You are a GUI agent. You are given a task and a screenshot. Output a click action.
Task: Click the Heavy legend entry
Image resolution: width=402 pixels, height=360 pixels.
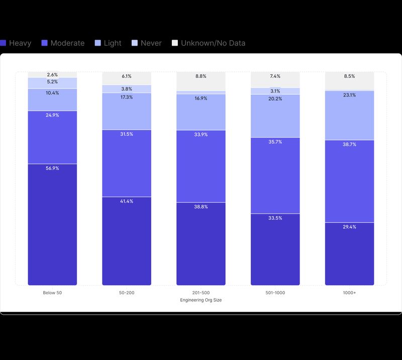(x=16, y=43)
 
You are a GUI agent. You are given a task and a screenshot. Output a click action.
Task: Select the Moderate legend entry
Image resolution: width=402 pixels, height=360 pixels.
(x=63, y=43)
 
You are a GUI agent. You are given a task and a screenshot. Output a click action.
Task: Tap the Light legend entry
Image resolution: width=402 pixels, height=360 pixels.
(x=108, y=43)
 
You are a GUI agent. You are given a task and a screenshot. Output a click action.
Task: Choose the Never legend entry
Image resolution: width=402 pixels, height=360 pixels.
(x=146, y=43)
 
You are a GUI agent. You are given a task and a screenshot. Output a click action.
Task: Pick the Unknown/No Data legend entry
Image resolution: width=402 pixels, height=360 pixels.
(x=209, y=43)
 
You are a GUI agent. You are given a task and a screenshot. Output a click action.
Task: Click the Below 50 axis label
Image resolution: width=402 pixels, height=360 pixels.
(x=52, y=293)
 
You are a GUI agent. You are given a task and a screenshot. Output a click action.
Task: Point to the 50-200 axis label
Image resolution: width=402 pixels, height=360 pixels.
(x=127, y=293)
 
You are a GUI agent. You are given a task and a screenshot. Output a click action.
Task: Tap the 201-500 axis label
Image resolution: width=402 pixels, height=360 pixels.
(x=201, y=293)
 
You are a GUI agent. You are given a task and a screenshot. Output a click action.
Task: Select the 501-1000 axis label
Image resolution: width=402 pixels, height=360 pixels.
(x=275, y=293)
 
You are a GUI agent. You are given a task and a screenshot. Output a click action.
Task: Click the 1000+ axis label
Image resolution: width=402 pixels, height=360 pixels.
(x=349, y=293)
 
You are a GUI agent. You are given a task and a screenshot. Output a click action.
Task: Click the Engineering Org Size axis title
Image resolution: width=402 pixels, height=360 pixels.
(x=201, y=300)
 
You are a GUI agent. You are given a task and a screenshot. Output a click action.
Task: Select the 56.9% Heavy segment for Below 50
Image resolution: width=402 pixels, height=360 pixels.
(x=52, y=226)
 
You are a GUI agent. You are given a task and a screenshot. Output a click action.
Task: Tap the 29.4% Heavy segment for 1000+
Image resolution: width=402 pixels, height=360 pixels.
(x=349, y=254)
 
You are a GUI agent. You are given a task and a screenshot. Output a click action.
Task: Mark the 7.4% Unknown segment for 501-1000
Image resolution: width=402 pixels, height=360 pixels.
(x=275, y=79)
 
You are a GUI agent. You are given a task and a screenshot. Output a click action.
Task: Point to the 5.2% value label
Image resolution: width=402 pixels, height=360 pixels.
(x=52, y=82)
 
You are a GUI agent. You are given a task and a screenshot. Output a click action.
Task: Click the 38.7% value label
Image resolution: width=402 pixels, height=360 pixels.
(x=349, y=144)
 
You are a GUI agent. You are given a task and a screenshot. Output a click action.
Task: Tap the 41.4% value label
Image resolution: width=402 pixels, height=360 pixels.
(x=127, y=201)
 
